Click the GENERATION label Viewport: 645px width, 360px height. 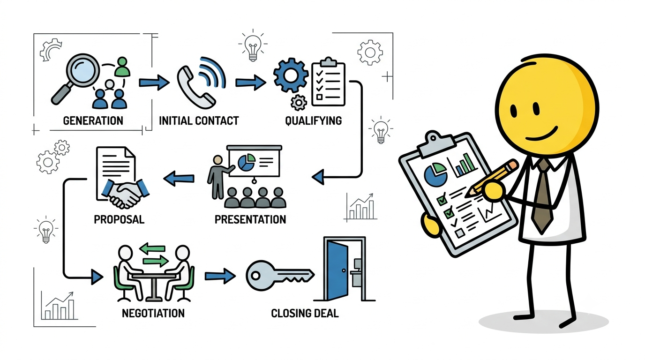click(93, 120)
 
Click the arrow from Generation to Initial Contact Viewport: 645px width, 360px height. click(154, 82)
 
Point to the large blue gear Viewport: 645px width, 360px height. click(291, 75)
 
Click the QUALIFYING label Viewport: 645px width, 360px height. click(314, 120)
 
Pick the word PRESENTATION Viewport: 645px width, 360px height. click(250, 219)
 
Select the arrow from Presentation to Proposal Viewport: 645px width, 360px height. click(179, 178)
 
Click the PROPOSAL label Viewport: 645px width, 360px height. click(119, 219)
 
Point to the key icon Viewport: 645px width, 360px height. click(280, 275)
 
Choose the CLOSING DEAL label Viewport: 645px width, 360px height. click(305, 313)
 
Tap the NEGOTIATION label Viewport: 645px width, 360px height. click(153, 313)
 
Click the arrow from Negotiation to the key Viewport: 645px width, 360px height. click(220, 276)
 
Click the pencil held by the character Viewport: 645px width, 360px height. click(492, 179)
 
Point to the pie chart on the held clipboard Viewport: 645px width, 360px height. click(435, 175)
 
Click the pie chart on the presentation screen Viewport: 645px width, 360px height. click(247, 162)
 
